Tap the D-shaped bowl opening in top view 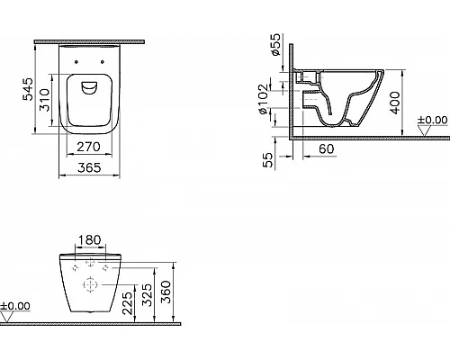[86, 88]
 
